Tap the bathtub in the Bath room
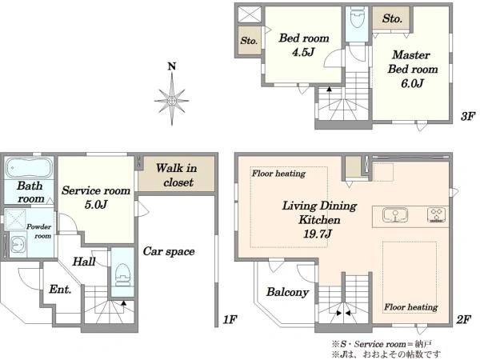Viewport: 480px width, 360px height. pos(29,168)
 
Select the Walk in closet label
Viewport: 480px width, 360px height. pos(177,175)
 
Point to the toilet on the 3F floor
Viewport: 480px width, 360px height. pos(357,17)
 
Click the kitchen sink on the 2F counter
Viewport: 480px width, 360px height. pos(395,215)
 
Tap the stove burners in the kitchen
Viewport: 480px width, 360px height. pos(436,214)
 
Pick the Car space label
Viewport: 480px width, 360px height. pos(169,251)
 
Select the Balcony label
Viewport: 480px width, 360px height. pos(287,292)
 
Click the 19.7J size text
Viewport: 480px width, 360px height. pos(318,234)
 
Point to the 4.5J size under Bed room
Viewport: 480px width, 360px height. pos(303,52)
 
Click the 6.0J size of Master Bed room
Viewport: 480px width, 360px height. pos(412,83)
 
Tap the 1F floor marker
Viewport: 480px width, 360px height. pos(230,320)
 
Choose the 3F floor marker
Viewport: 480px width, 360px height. pos(468,116)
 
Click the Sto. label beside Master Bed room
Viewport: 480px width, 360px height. pos(392,18)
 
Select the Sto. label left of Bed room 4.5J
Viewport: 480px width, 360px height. pos(249,41)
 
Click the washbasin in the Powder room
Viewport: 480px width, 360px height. pos(18,244)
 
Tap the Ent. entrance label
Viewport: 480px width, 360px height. pos(60,289)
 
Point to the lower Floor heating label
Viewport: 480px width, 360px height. pos(411,306)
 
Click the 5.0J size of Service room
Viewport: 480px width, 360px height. pos(96,205)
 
